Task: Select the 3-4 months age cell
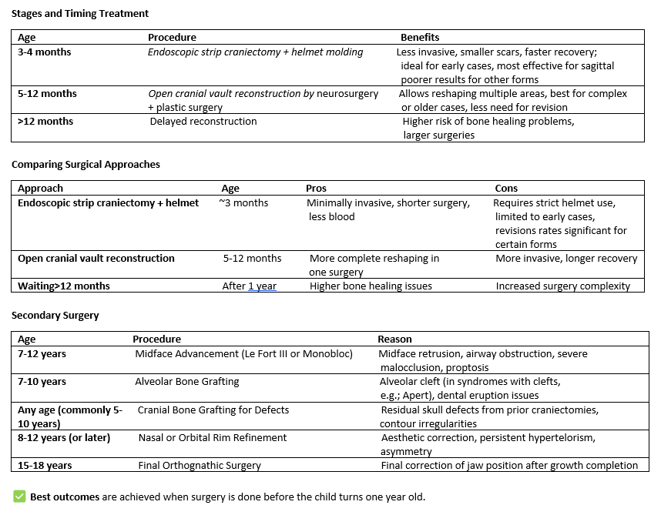tap(45, 52)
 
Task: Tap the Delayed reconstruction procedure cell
tap(203, 122)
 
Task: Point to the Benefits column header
tap(420, 37)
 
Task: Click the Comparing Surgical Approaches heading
tap(86, 165)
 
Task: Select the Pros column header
tap(316, 188)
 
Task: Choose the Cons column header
tap(506, 188)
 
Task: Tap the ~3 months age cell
tap(243, 203)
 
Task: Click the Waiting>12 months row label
tap(64, 286)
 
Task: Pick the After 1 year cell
tap(250, 286)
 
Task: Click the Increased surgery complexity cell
tap(562, 286)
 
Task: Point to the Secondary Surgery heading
tap(55, 316)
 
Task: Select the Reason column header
tap(394, 339)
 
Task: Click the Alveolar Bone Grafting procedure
tap(187, 382)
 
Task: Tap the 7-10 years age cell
tap(42, 382)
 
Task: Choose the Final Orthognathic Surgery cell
tap(200, 466)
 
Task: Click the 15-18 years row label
tap(45, 466)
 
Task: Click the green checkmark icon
tap(19, 497)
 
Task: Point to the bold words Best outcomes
tap(65, 497)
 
